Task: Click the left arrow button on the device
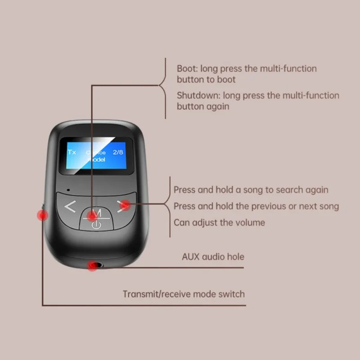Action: [70, 207]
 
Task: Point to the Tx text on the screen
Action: [72, 152]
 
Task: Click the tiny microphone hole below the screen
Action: [67, 189]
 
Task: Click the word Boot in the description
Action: [187, 69]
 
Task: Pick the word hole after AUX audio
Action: [235, 257]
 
